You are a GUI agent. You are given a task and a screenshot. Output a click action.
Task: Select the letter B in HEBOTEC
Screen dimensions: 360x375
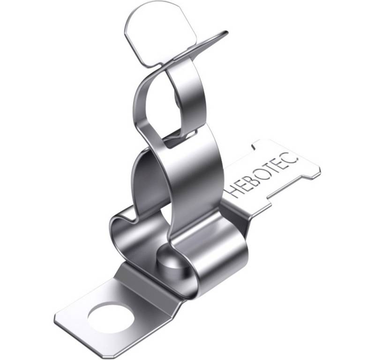(x=251, y=177)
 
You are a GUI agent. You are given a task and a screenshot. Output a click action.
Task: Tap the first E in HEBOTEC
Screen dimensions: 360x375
(x=242, y=184)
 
